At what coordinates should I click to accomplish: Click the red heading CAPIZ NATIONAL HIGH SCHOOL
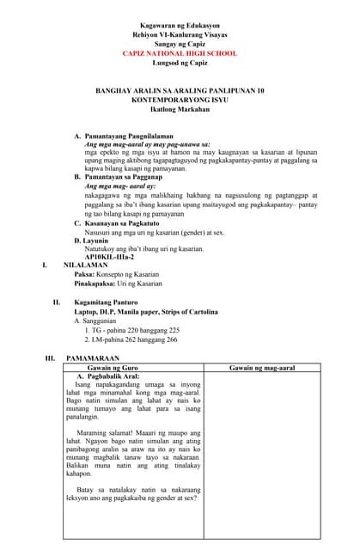pyautogui.click(x=180, y=53)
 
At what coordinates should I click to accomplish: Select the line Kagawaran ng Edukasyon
pyautogui.click(x=180, y=27)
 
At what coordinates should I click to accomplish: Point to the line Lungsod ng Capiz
pyautogui.click(x=180, y=63)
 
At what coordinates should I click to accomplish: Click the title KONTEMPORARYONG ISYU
pyautogui.click(x=180, y=100)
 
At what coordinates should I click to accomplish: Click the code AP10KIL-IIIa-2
pyautogui.click(x=109, y=258)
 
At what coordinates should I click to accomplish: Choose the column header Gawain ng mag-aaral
pyautogui.click(x=262, y=367)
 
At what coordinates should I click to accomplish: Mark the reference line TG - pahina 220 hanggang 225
pyautogui.click(x=136, y=330)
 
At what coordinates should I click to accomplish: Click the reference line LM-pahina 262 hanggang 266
pyautogui.click(x=135, y=339)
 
